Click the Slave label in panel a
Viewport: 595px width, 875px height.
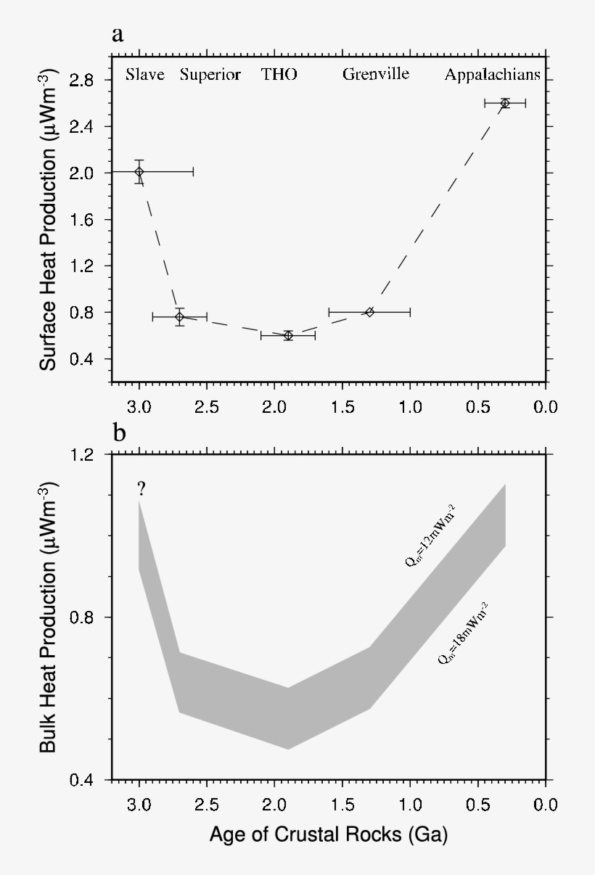[x=145, y=75]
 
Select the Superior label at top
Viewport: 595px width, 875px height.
[x=210, y=75]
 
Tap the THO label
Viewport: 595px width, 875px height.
[x=279, y=75]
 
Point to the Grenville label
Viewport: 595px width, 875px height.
[x=376, y=75]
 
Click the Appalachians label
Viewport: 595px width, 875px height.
[x=493, y=75]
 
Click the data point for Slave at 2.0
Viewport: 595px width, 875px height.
[x=139, y=171]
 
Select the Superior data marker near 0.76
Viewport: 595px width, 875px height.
[x=179, y=316]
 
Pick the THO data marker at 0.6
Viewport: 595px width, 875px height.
[x=288, y=335]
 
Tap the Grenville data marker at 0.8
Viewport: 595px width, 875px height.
[x=369, y=311]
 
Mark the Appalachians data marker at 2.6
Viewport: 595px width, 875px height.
[x=505, y=103]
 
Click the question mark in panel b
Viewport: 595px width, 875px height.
[x=141, y=489]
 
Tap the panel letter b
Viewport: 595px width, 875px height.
[x=119, y=433]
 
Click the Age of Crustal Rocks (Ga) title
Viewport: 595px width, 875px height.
[x=328, y=835]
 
